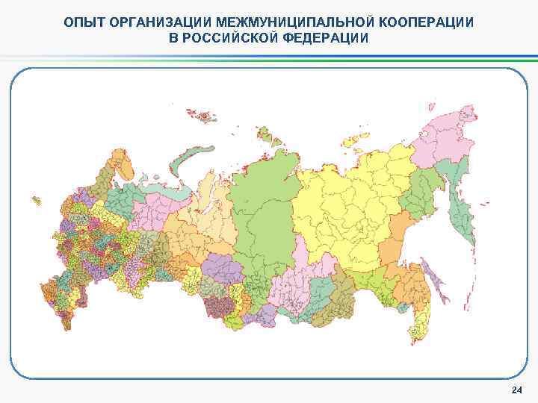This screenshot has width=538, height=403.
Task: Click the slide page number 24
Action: point(516,390)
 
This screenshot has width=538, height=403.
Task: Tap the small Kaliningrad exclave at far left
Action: point(36,200)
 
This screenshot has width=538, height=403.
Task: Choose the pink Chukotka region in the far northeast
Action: point(441,134)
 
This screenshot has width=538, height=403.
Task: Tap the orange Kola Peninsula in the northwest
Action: point(120,161)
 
